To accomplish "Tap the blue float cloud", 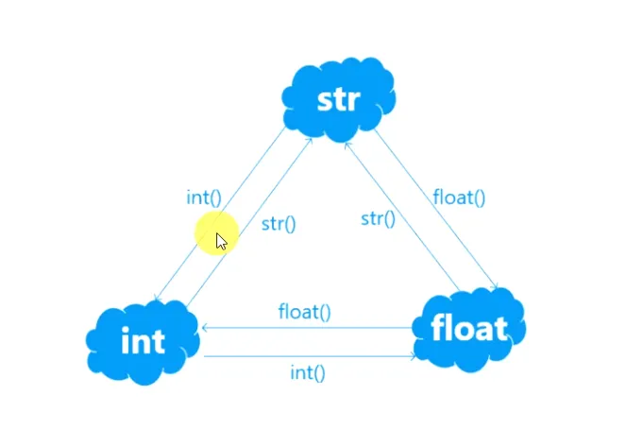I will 469,328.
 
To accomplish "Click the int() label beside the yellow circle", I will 203,197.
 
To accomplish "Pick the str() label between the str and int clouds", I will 279,225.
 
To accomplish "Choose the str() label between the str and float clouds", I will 378,219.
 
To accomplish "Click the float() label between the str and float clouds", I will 459,197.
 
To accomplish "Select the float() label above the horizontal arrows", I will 304,311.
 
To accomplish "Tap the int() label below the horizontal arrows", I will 307,372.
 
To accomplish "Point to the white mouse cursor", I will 221,240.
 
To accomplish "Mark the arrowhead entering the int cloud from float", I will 205,327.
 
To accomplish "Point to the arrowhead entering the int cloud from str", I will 158,300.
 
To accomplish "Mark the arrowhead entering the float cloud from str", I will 495,287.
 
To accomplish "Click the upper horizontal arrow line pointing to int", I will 312,327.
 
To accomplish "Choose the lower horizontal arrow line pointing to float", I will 312,356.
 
